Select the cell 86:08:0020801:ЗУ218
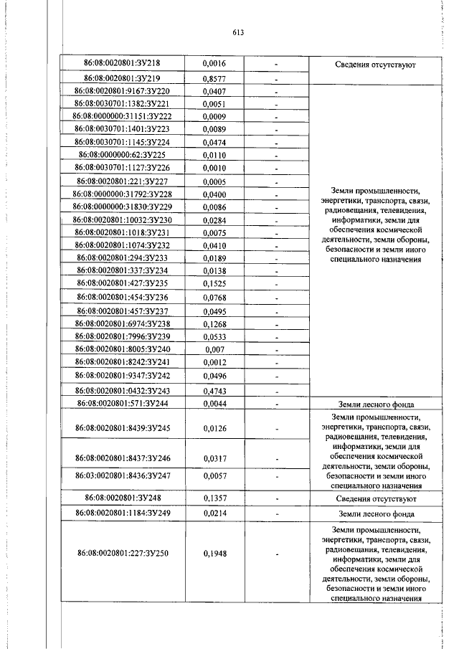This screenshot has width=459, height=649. (x=122, y=64)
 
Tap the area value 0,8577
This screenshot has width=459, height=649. (x=214, y=78)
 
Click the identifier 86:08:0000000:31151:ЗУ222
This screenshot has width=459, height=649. (x=122, y=116)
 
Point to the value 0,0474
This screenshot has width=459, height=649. (x=214, y=142)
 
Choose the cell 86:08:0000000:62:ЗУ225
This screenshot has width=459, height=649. (x=122, y=155)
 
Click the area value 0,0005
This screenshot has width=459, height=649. (x=214, y=181)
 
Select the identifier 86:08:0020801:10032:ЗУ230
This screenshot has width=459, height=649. (x=122, y=219)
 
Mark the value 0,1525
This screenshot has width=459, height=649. (x=214, y=284)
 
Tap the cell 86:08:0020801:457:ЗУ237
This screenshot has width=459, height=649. (x=122, y=311)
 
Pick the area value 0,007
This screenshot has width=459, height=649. (x=214, y=349)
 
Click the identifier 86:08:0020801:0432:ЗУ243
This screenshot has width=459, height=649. (x=122, y=390)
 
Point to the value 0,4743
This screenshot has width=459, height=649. (x=214, y=390)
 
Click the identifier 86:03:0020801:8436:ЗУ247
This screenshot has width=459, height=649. (x=122, y=475)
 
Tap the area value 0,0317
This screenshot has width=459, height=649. (x=214, y=459)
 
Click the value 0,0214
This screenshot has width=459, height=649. (x=214, y=513)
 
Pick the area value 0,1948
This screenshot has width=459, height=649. (x=214, y=554)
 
